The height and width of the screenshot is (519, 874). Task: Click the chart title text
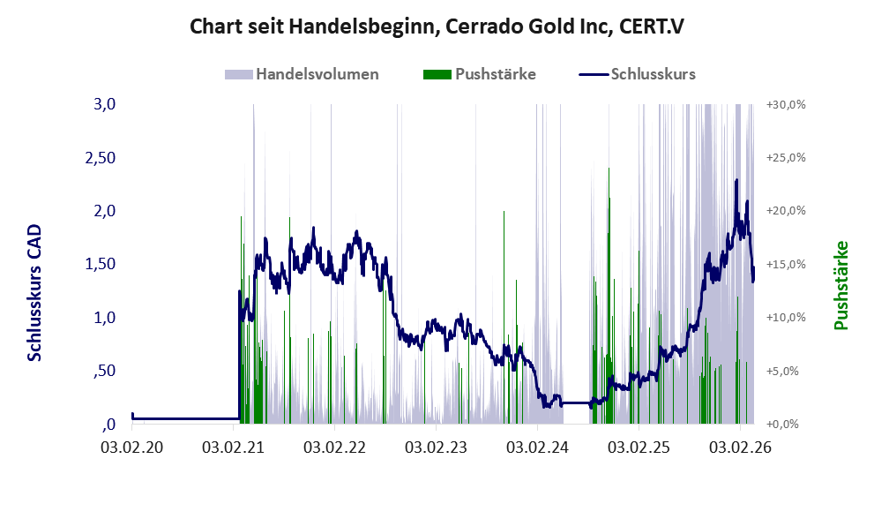coord(437,26)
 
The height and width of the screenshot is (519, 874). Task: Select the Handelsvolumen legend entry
coord(317,74)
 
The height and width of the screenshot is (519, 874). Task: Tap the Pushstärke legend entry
coord(495,74)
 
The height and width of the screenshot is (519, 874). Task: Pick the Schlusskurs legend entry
coord(653,74)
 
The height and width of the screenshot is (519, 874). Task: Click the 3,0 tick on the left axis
coord(104,105)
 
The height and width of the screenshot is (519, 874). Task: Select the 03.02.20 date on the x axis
coord(131,447)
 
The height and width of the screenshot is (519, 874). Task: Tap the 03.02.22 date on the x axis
coord(334,447)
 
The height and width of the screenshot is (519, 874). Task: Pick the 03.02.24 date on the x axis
coord(537,447)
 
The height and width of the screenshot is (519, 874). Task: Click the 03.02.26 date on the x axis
coord(740,447)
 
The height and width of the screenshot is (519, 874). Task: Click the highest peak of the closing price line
coord(736,180)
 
